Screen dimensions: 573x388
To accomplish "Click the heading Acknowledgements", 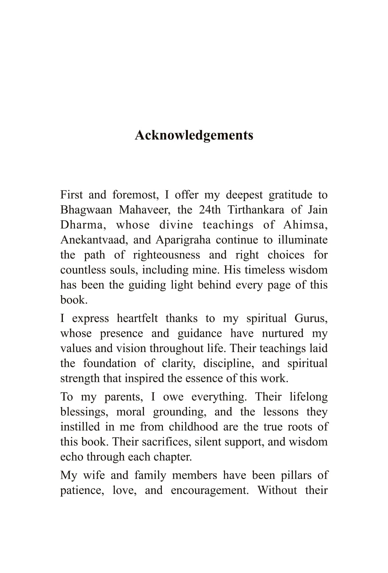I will pos(194,135).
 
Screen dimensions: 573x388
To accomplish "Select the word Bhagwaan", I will pos(86,210).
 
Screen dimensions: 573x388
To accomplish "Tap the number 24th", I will pos(210,210).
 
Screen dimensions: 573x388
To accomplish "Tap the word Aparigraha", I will pos(183,240).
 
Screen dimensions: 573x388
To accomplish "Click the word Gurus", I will pos(311,318).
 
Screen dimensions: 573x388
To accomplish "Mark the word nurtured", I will pos(283,333).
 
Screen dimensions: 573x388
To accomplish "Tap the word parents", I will pos(123,397).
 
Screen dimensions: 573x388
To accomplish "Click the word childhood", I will pos(193,427).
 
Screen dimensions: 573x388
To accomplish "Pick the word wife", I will pos(94,475).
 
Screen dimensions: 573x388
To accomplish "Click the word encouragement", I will pos(210,491).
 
